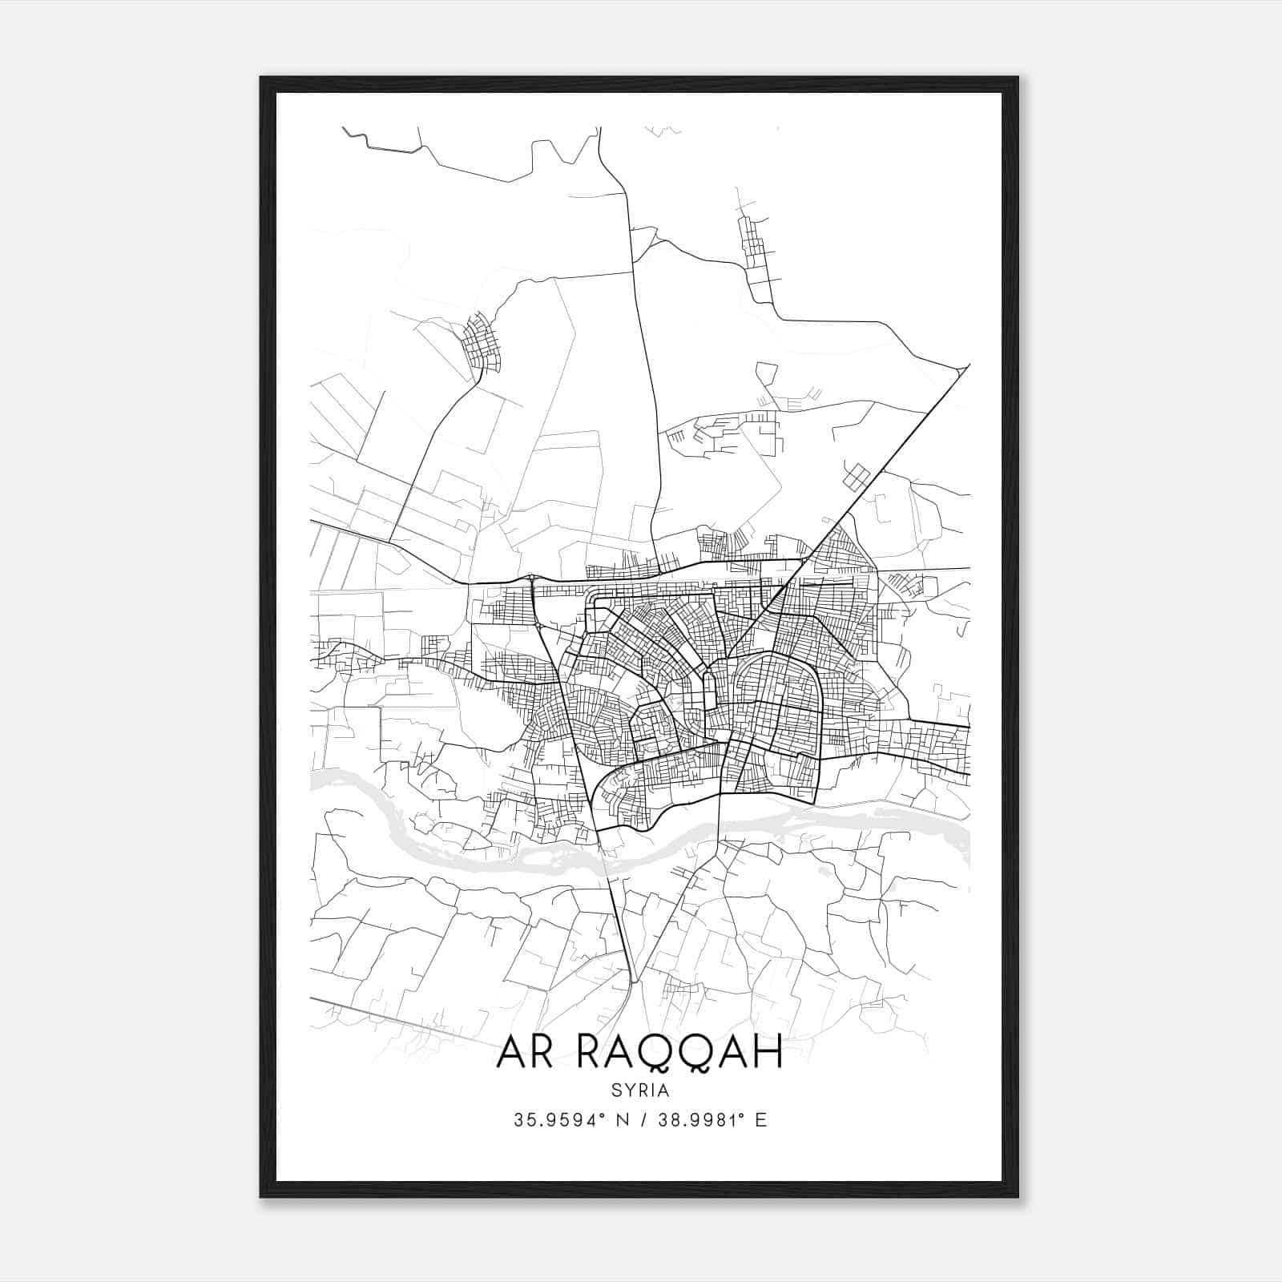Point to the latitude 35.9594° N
click(570, 1120)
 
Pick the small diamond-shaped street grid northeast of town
click(856, 477)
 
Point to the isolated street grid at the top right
click(753, 240)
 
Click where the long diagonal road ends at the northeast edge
click(968, 366)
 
